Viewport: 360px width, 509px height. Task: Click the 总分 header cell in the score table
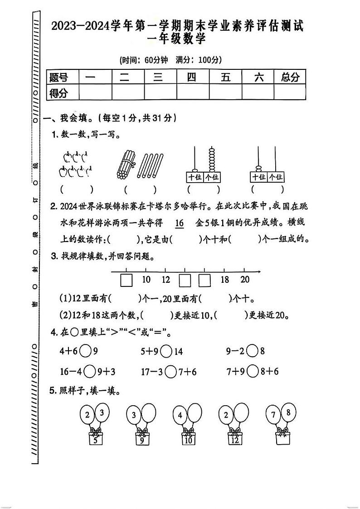click(290, 77)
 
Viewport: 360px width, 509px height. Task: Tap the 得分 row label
click(58, 93)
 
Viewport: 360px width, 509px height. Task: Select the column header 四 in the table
click(192, 77)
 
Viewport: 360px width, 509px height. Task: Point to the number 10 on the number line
click(146, 280)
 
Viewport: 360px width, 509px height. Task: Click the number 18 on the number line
click(225, 280)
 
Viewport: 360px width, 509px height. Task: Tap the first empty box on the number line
click(126, 281)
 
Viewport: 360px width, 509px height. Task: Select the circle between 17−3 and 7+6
click(170, 372)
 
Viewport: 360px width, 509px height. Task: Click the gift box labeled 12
click(234, 439)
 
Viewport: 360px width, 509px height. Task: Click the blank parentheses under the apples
click(77, 189)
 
